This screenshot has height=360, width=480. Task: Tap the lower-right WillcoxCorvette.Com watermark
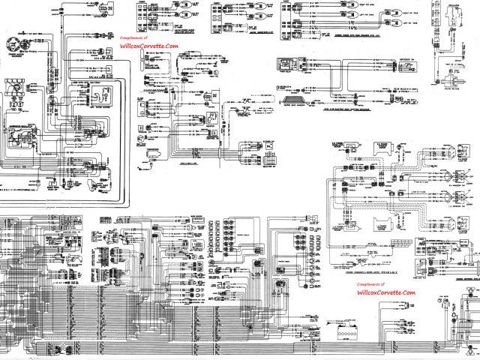tap(385, 292)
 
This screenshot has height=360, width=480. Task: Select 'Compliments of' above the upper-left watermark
tap(135, 37)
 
